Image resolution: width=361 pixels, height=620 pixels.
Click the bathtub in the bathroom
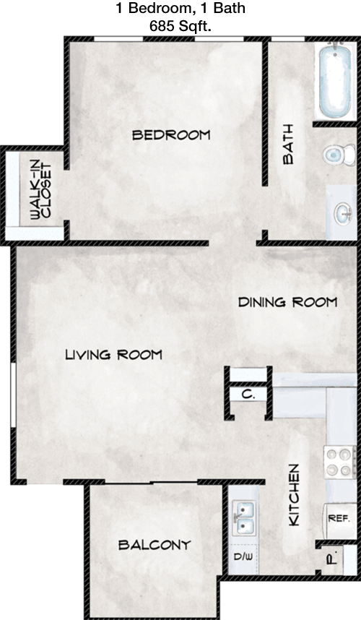coord(335,81)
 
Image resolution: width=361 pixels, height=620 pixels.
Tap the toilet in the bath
coord(339,155)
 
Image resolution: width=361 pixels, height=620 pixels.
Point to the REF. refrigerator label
coord(339,518)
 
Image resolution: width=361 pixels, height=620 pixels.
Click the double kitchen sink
coord(244,517)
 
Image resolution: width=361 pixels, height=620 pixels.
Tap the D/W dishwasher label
coord(243,557)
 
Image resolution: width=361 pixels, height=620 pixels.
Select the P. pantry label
coord(332,559)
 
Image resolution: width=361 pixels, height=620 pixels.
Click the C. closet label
coord(248,395)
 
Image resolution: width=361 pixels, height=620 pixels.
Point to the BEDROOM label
coord(171,135)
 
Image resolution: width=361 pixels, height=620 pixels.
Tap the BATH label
coord(288,144)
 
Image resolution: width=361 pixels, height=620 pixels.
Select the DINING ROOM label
coord(287,303)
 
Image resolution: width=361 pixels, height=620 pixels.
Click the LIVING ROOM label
coord(114,355)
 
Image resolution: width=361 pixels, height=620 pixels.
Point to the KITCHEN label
coord(295,495)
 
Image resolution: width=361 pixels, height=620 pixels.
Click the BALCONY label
coord(155,546)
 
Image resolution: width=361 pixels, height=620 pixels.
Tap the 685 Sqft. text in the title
coord(180,27)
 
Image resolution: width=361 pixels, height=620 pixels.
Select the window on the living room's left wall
coord(13,395)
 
